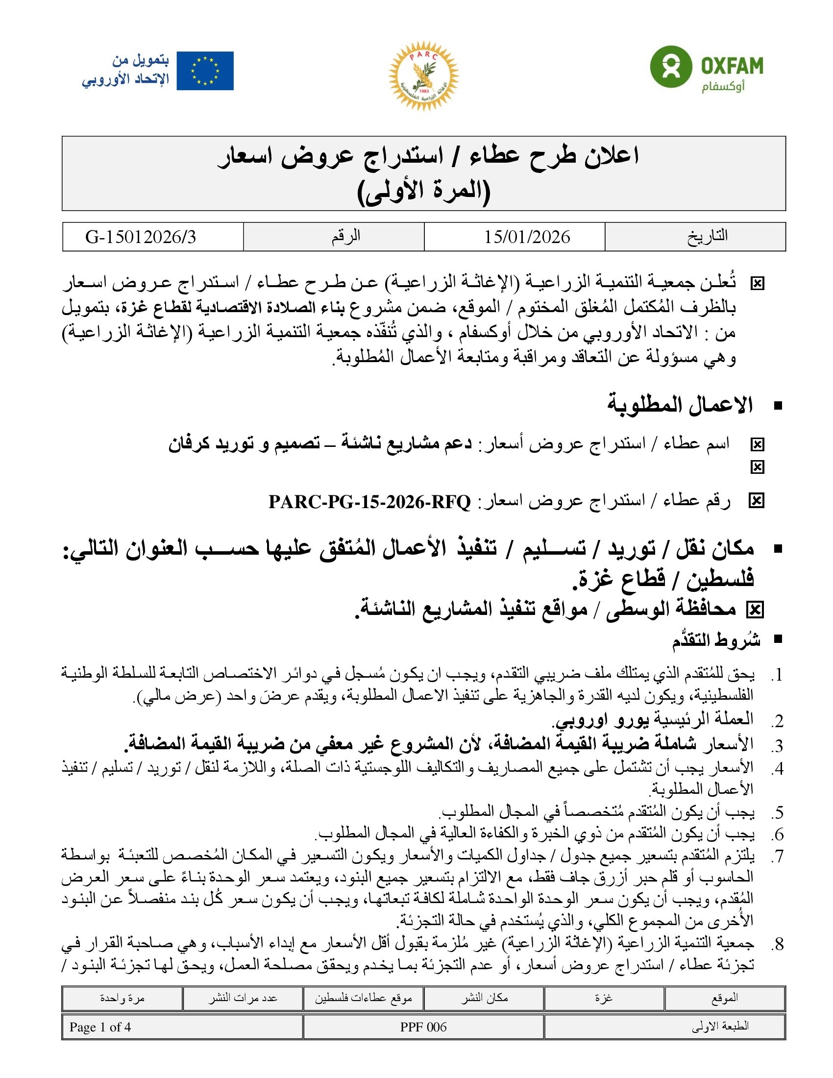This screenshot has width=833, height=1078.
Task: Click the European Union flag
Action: tap(205, 71)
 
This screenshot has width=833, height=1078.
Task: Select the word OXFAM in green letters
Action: tap(732, 65)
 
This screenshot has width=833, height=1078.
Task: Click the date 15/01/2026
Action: tap(527, 237)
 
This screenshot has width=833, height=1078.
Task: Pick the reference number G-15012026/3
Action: tap(141, 237)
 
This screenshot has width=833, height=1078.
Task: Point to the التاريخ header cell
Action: tap(707, 237)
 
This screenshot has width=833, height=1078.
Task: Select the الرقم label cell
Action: tap(345, 237)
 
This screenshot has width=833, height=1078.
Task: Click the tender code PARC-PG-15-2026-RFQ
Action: tap(369, 502)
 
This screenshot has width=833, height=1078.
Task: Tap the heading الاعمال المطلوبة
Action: tap(680, 405)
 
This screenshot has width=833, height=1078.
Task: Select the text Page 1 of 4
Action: tap(100, 1027)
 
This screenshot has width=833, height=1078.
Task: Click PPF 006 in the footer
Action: tap(423, 1027)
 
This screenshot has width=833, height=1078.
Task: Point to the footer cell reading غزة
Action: tap(604, 998)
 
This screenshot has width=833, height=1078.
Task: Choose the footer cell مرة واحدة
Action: tap(122, 998)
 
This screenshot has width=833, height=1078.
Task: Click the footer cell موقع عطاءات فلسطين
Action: tap(363, 998)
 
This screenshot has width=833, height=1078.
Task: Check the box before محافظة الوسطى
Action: tap(755, 610)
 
